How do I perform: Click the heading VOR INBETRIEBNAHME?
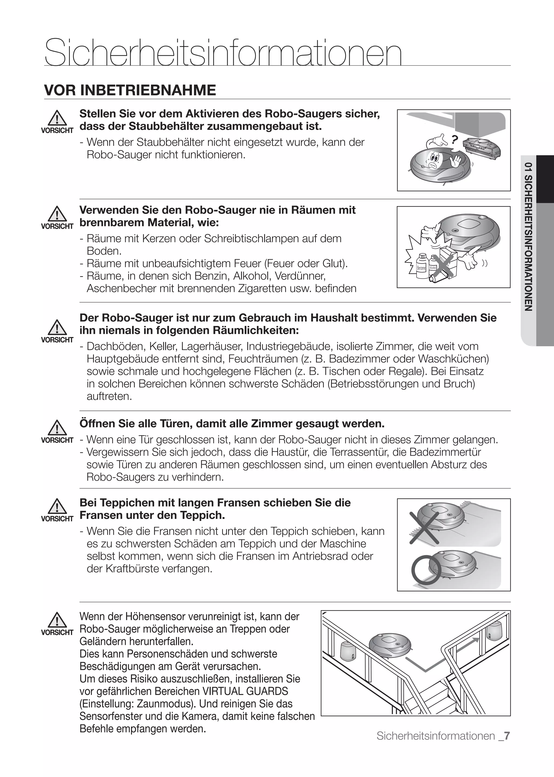[130, 90]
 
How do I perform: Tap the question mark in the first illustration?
[454, 139]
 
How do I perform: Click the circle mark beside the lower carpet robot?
[426, 570]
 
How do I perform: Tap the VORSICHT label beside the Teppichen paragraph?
[57, 519]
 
